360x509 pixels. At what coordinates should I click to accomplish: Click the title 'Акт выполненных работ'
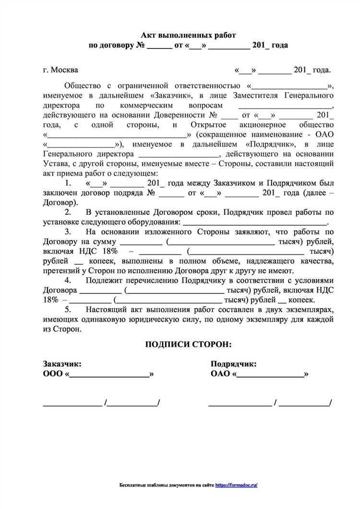click(188, 36)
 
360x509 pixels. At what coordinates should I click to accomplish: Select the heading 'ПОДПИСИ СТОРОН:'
click(188, 344)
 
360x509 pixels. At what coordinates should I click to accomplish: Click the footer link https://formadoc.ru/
click(237, 485)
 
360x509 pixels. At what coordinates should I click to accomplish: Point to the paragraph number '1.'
click(68, 183)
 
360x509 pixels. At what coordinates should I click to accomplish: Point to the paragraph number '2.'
click(68, 212)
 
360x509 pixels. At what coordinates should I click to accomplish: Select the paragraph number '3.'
click(68, 231)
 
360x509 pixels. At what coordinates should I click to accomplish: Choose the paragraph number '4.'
click(68, 280)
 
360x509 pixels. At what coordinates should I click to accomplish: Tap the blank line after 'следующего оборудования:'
click(254, 223)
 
